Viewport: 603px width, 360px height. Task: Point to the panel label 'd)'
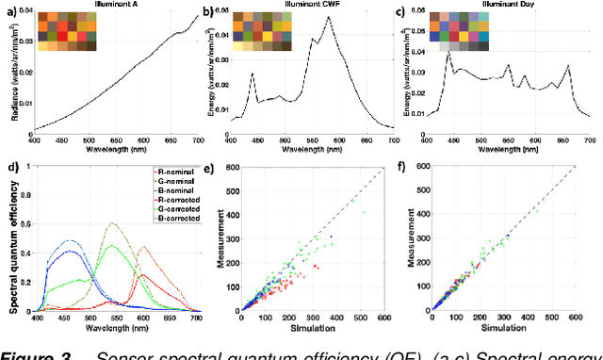coord(10,170)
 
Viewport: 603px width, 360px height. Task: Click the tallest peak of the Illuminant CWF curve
coord(328,17)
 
